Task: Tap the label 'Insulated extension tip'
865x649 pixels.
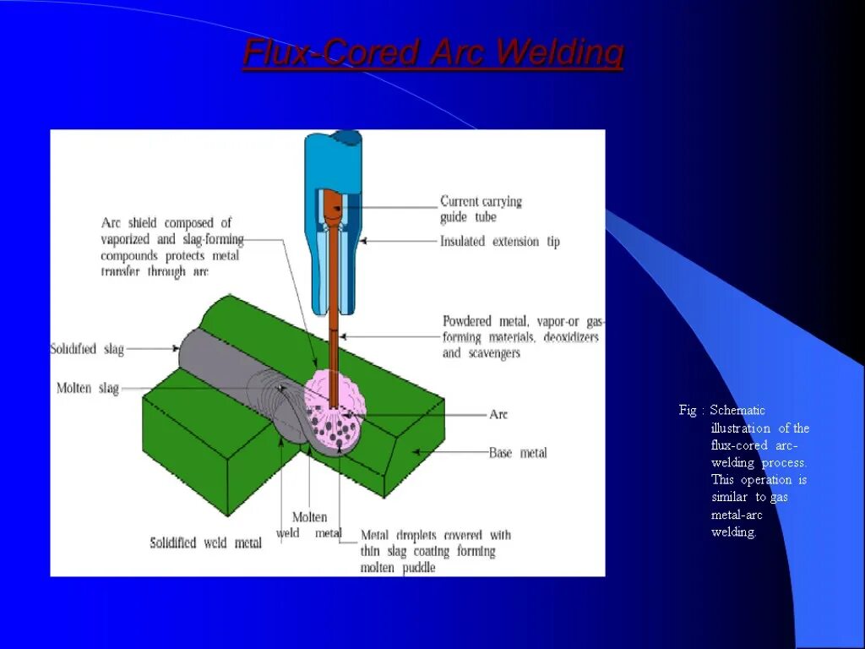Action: [499, 242]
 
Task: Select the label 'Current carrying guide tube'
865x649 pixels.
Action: [481, 209]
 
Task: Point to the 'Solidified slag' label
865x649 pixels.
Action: [87, 349]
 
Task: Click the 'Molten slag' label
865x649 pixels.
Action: [88, 389]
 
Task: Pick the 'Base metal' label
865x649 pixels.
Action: [518, 453]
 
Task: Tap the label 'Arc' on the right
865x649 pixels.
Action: [498, 415]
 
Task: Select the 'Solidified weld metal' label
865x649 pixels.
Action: [205, 543]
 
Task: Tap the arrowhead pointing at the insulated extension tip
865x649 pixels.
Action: [365, 241]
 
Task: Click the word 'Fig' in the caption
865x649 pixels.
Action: [688, 411]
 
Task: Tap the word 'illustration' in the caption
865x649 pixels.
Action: [741, 428]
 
